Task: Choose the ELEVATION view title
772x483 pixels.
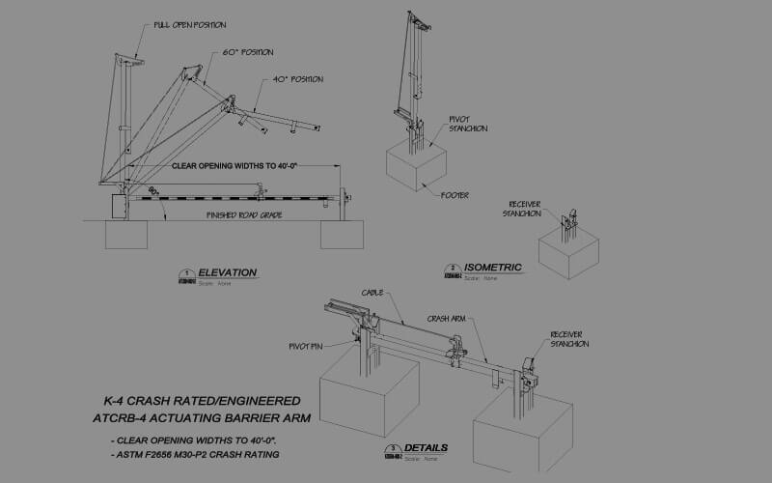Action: (227, 272)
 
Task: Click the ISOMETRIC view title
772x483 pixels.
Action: (492, 268)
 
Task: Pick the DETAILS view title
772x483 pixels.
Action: (426, 449)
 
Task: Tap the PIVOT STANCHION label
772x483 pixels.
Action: (468, 124)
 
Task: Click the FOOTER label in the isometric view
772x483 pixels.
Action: (455, 195)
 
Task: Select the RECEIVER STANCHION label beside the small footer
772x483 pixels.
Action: (525, 209)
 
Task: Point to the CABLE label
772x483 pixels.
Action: (373, 292)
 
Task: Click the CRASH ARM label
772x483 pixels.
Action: (448, 317)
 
